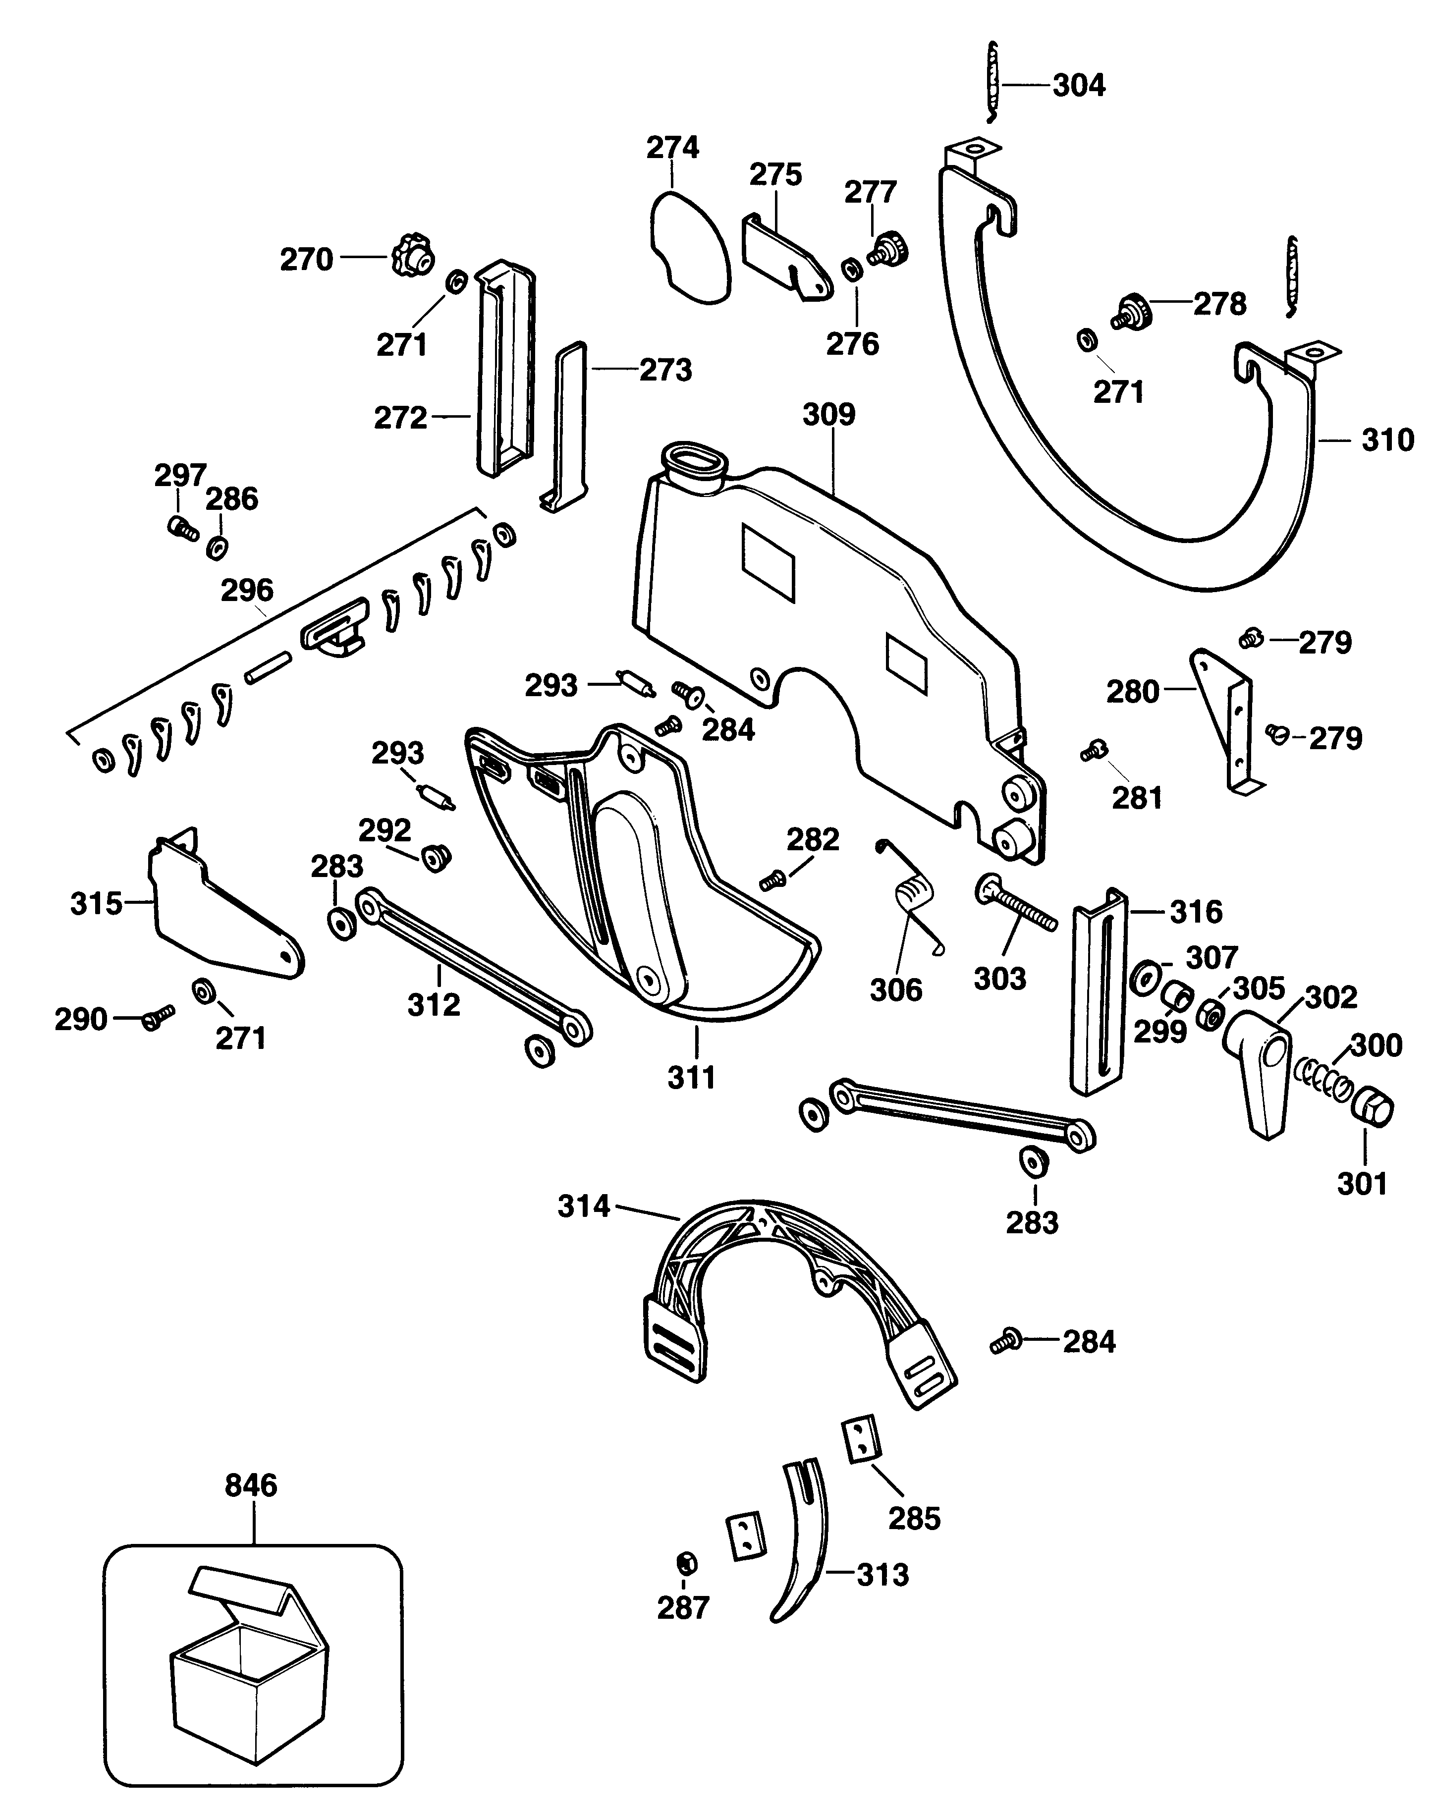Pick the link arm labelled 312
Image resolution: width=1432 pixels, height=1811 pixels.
pos(474,968)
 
